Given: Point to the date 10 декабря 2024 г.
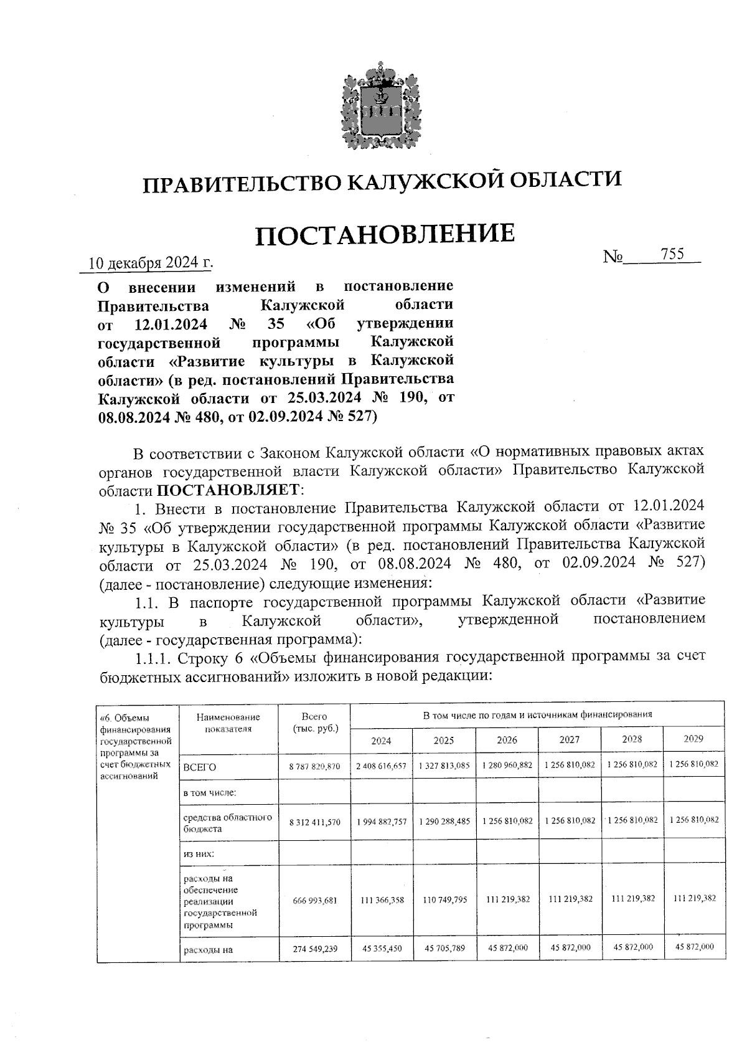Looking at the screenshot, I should point(150,263).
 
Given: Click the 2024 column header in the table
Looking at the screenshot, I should point(381,741).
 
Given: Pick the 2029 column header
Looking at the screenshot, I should point(693,739).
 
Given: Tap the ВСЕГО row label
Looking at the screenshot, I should point(200,767).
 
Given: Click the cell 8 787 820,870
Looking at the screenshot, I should point(314,767).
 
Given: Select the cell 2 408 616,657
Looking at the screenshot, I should point(381,765).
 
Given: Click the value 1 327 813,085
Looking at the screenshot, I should point(444,765).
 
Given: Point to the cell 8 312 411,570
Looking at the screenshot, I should point(314,822).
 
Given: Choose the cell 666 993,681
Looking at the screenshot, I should point(314,901).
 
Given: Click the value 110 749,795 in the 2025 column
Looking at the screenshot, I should point(444,900).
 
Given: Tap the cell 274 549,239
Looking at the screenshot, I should point(314,949).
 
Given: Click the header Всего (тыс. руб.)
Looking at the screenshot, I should point(314,723).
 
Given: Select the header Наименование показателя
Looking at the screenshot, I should point(228,723).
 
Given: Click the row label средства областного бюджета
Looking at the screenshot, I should point(227,823).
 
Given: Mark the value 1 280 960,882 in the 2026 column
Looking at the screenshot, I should point(507,765).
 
